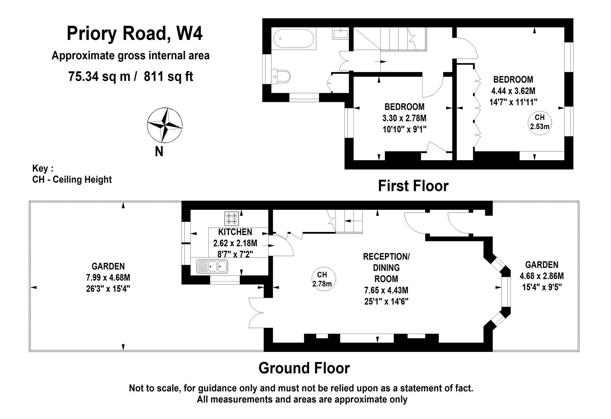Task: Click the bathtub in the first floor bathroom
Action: coord(294,39)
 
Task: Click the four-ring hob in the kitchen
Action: coord(232,218)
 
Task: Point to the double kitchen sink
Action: coord(212,267)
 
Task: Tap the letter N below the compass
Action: coord(159,151)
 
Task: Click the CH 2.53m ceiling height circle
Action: coord(540,122)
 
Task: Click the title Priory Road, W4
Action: coord(135,33)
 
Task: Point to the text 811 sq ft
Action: coord(168,76)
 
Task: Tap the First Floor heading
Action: coord(413,186)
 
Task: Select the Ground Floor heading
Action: coord(304,368)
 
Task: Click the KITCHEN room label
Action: coord(235,232)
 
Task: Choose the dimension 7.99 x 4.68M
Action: coord(108,278)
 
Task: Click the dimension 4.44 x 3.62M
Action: coord(513,91)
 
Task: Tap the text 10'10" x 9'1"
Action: coord(404,129)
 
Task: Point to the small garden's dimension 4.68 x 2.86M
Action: coord(542,276)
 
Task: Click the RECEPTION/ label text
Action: coord(386,257)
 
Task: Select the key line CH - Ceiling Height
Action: coord(72,180)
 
